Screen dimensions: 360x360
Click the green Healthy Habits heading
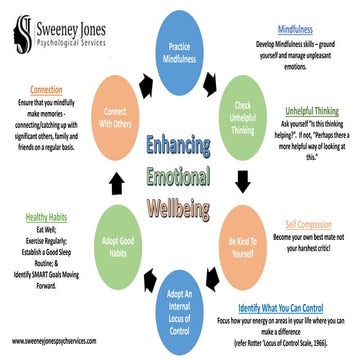(47, 216)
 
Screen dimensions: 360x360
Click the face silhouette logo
(18, 30)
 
